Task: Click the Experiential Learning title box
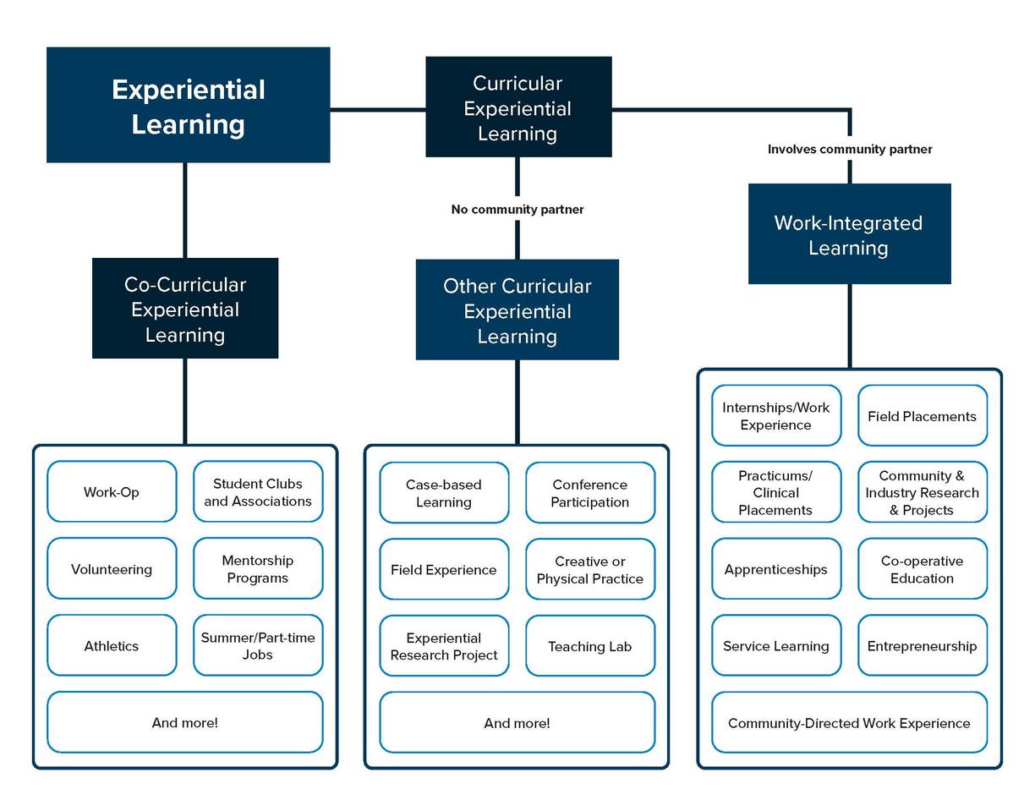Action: [188, 106]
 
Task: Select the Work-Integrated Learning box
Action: [849, 234]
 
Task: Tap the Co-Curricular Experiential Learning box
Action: [185, 309]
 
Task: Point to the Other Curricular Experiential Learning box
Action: [517, 310]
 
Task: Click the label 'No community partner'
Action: [517, 209]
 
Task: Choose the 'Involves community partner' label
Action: [849, 149]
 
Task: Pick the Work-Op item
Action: [112, 492]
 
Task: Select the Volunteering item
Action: [112, 569]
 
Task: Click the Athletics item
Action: [112, 646]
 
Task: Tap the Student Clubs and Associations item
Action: [258, 492]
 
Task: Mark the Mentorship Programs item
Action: [258, 569]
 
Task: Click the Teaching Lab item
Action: [590, 646]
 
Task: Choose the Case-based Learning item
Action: [444, 493]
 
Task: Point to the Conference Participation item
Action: [590, 493]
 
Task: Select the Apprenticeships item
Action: [776, 569]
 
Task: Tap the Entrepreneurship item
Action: [922, 646]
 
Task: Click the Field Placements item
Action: [922, 416]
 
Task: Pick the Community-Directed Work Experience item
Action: [849, 723]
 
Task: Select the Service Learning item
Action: [776, 646]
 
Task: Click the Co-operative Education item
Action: [922, 569]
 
